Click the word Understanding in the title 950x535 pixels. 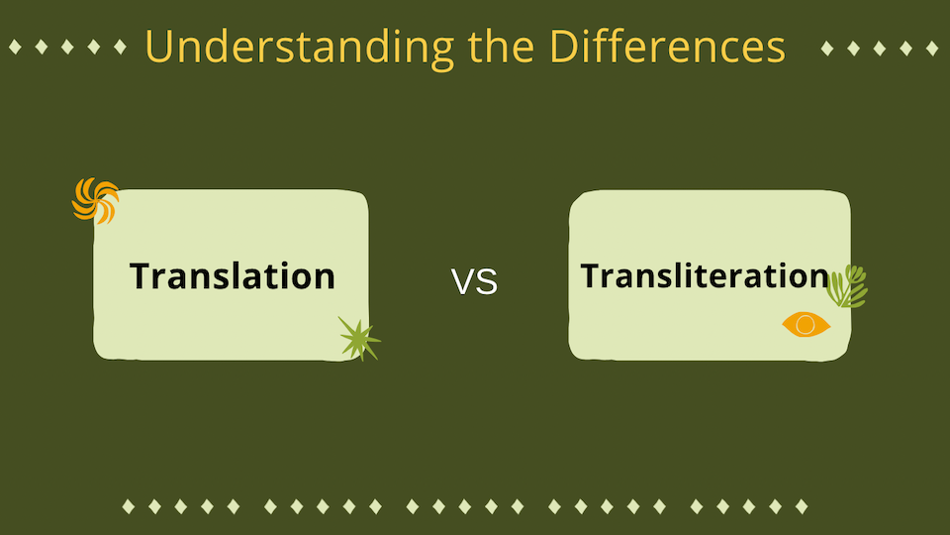click(299, 47)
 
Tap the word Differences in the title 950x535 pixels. click(667, 46)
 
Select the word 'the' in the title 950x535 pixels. click(501, 46)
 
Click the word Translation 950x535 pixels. click(232, 276)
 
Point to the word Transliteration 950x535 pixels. click(705, 275)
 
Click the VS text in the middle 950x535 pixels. click(474, 282)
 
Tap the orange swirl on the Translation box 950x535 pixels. click(95, 200)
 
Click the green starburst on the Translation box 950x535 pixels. click(358, 339)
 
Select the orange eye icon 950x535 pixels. click(806, 325)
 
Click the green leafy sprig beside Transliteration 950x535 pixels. click(847, 286)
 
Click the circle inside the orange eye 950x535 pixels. click(806, 325)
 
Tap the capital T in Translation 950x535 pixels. click(142, 276)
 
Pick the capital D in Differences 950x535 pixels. click(562, 47)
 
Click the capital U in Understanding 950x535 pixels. click(158, 47)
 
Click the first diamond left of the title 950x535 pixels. click(15, 47)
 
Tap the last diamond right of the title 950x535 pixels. click(932, 48)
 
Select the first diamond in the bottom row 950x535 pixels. click(129, 506)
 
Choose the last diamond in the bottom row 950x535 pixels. click(802, 506)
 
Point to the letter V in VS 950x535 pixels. click(463, 282)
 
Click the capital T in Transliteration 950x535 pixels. click(592, 276)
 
